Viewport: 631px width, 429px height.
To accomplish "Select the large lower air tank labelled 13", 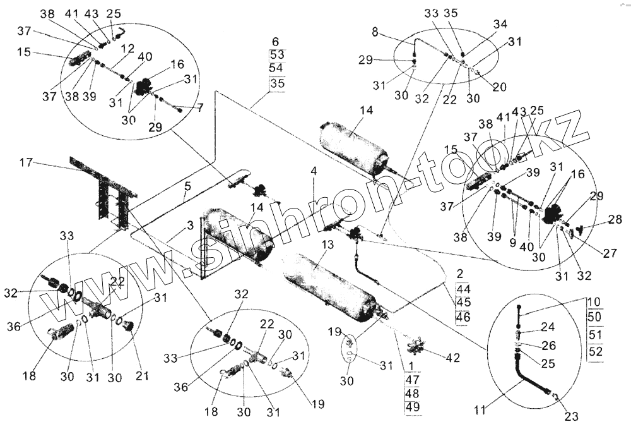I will coord(328,284).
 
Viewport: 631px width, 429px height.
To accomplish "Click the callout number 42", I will coord(452,358).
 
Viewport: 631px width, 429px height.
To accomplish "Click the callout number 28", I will coord(616,220).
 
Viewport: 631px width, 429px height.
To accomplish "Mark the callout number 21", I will coord(143,376).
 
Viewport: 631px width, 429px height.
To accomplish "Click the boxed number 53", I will coord(277,54).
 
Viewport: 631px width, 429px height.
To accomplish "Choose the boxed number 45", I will coord(463,301).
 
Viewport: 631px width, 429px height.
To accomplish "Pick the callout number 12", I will coord(127,48).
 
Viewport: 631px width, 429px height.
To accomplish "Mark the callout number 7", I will coord(200,107).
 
